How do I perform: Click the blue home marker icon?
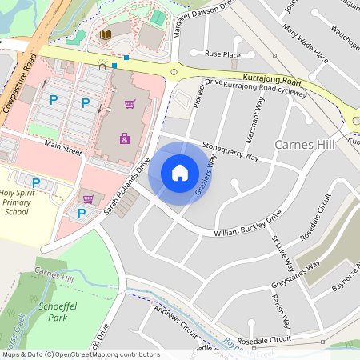click(x=179, y=172)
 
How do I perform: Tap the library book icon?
click(x=105, y=35)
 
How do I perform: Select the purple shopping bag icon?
click(x=125, y=138)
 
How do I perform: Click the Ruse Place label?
click(x=222, y=54)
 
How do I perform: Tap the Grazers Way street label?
click(x=206, y=176)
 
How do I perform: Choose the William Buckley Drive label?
click(x=248, y=225)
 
